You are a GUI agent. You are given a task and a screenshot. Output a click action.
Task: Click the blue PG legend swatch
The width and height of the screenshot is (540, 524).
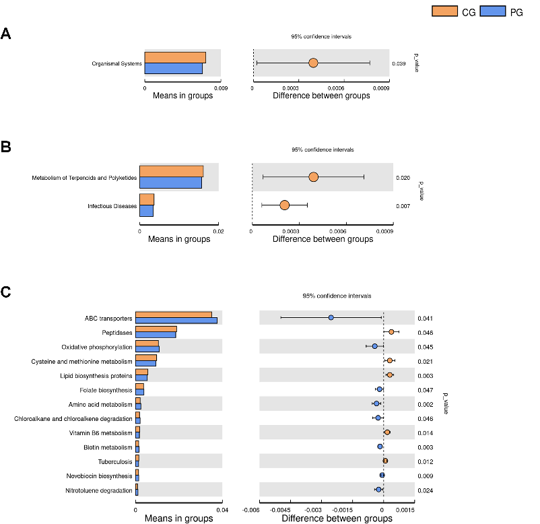coord(494,11)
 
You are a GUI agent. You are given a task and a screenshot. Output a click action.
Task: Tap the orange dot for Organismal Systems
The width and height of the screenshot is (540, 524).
coord(313,63)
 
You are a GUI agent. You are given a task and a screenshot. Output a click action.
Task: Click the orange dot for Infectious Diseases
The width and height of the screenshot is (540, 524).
coord(285,205)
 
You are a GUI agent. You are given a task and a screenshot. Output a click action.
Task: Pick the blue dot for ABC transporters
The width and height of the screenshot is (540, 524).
coord(331,317)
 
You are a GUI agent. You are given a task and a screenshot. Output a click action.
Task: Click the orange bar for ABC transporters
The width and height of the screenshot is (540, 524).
coord(174,315)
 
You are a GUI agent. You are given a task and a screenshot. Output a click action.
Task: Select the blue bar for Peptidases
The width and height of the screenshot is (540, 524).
coord(156,335)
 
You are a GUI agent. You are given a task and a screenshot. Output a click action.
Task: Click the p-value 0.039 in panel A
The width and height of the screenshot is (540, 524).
coord(399,64)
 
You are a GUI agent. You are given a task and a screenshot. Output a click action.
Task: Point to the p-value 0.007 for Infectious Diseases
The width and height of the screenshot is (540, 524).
coord(403,205)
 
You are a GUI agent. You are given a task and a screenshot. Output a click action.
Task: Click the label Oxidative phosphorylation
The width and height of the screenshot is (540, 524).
coord(97,347)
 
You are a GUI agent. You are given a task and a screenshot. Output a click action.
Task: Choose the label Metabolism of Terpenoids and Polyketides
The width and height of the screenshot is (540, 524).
coord(84,178)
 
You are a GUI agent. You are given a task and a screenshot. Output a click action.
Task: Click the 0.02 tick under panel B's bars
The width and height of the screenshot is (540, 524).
coord(217,231)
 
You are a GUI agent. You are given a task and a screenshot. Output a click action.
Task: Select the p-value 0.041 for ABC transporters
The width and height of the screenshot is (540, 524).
coord(424,318)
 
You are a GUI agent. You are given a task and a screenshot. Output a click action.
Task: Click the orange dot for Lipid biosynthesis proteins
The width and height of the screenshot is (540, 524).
coord(390,374)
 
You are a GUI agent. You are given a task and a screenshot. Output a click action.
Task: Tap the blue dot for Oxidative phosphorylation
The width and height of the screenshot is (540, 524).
coord(375,346)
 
